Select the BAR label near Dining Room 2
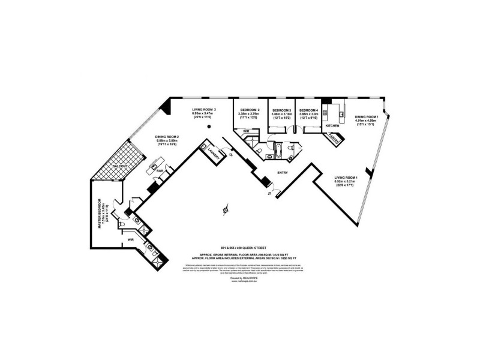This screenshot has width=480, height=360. tap(160, 170)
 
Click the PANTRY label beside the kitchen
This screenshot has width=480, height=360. tap(334, 139)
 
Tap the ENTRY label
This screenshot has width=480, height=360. tap(283, 173)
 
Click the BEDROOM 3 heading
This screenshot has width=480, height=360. tap(281, 110)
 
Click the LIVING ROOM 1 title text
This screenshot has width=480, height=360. tap(346, 178)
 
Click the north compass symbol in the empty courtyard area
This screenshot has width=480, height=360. tap(225, 209)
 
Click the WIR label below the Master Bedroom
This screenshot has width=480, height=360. tap(128, 240)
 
